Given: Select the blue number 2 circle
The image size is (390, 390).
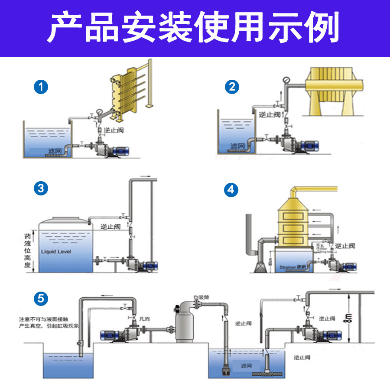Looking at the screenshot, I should point(232,87).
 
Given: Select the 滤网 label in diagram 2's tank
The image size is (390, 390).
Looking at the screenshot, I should point(238,146).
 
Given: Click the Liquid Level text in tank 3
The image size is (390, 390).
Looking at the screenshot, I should point(56,251).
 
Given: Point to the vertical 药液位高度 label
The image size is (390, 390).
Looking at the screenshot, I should point(27,251).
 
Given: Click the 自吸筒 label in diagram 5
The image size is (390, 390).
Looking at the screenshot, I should point(201,297).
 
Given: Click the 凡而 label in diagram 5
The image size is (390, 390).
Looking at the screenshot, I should point(144,319).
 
